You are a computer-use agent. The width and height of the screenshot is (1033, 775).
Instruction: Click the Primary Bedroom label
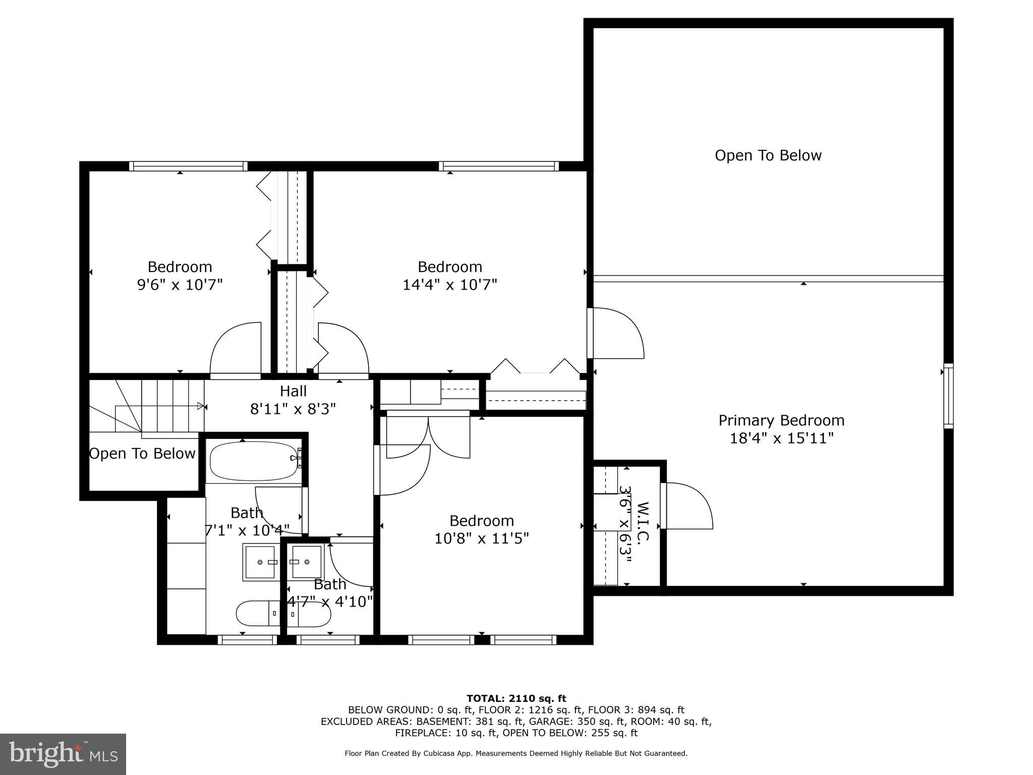pyautogui.click(x=781, y=420)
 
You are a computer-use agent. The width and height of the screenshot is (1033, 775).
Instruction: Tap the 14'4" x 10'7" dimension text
pyautogui.click(x=449, y=285)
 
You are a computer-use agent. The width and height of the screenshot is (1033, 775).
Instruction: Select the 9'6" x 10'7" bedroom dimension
pyautogui.click(x=180, y=285)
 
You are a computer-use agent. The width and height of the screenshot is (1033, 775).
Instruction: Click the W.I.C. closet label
pyautogui.click(x=642, y=522)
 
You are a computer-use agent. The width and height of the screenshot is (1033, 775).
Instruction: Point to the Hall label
pyautogui.click(x=293, y=391)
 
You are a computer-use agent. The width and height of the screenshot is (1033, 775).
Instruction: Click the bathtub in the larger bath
pyautogui.click(x=254, y=461)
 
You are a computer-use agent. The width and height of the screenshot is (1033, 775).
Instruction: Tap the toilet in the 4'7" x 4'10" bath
pyautogui.click(x=309, y=614)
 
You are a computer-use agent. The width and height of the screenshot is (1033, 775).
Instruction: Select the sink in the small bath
pyautogui.click(x=307, y=562)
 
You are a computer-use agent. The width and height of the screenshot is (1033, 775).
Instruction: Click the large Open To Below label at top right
pyautogui.click(x=768, y=155)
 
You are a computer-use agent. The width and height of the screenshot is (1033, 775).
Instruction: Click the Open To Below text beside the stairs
pyautogui.click(x=142, y=454)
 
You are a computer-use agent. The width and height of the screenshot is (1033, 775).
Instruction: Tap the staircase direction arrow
pyautogui.click(x=200, y=406)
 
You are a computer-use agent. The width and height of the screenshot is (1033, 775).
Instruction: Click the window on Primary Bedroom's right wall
pyautogui.click(x=948, y=396)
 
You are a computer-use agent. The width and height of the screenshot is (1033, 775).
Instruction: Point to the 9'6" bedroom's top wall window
pyautogui.click(x=188, y=166)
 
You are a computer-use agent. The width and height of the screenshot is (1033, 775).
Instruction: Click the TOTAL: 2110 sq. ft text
pyautogui.click(x=516, y=698)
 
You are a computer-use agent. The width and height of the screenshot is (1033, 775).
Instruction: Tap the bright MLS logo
pyautogui.click(x=63, y=754)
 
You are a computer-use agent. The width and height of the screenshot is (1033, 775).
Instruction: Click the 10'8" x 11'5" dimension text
pyautogui.click(x=481, y=539)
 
